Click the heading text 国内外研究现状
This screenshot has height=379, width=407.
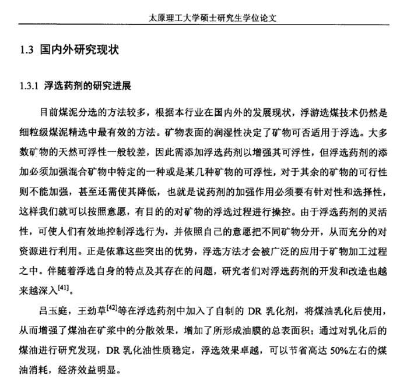79,50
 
